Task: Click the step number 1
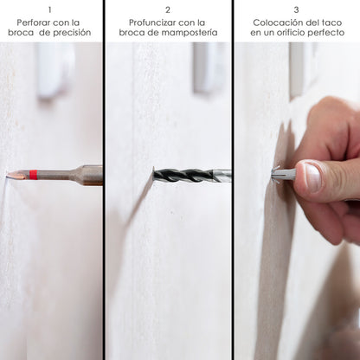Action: pos(50,10)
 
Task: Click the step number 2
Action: pos(168,10)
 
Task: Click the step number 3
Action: pos(296,10)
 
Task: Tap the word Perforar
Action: pos(35,22)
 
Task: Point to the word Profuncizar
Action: pos(152,22)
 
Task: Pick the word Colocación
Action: pos(276,22)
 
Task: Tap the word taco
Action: pos(331,22)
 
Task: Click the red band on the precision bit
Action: pos(34,175)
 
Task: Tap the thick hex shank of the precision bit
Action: pos(90,175)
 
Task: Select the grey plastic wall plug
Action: pos(284,173)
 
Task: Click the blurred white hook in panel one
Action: pos(55,71)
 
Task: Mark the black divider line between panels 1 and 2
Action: pos(104,180)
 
